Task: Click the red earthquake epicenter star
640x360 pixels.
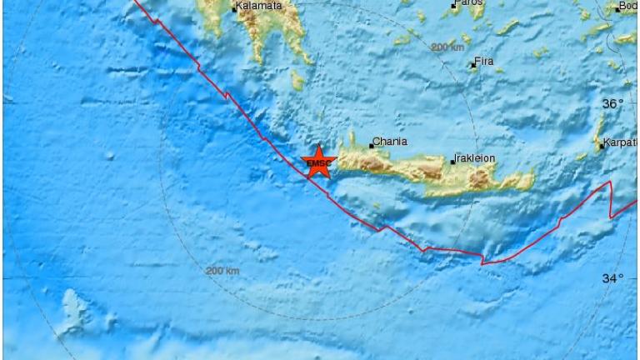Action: pos(317,162)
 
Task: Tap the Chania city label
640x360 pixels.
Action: pos(390,142)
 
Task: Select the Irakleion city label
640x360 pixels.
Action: pos(475,157)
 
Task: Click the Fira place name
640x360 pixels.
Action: pos(484,61)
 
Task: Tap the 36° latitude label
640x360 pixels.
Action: pos(612,104)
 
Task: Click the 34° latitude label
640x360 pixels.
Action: pos(612,278)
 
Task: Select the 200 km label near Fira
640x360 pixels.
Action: pos(447,47)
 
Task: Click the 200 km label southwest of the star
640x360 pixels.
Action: pos(222,271)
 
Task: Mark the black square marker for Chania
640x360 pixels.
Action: pos(372,146)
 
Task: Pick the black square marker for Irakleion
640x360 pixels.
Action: pos(453,162)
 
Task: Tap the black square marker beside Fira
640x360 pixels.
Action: pos(473,65)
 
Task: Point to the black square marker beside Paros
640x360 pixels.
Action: pos(454,6)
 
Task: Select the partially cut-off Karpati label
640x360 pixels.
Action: pos(622,142)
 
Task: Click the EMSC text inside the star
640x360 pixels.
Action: pos(317,164)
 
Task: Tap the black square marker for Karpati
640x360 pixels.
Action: pos(602,146)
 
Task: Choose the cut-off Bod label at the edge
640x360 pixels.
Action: pos(627,7)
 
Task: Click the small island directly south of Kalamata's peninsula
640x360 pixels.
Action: pos(297,80)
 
